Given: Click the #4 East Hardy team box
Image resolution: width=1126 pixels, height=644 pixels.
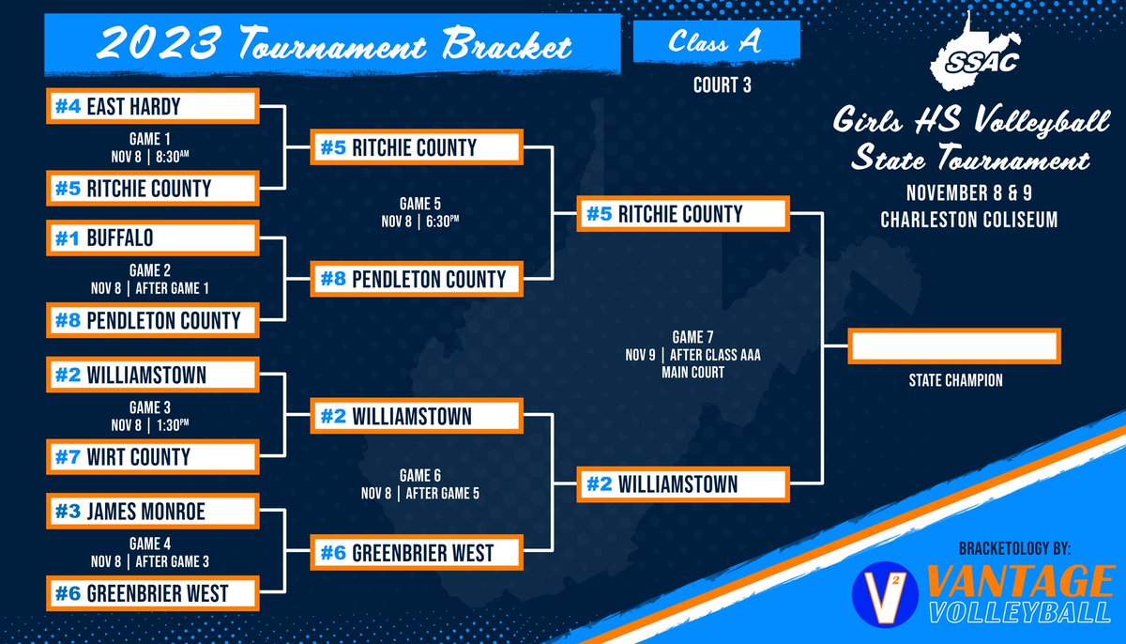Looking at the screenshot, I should [152, 107].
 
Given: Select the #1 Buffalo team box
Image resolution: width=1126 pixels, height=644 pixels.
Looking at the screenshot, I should [152, 238].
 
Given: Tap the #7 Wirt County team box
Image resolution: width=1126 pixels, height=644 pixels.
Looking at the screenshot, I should [152, 457].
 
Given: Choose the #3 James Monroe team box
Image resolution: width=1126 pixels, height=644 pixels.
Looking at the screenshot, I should [152, 513].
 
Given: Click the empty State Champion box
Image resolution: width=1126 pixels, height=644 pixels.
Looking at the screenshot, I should [953, 345].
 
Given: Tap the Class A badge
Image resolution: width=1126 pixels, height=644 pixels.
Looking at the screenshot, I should [716, 42].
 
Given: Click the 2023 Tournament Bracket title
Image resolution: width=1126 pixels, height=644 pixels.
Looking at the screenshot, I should [335, 44].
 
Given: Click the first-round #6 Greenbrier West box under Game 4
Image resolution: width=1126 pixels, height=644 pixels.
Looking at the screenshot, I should [152, 593].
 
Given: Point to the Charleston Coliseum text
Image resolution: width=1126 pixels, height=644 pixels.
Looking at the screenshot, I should [969, 221].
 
